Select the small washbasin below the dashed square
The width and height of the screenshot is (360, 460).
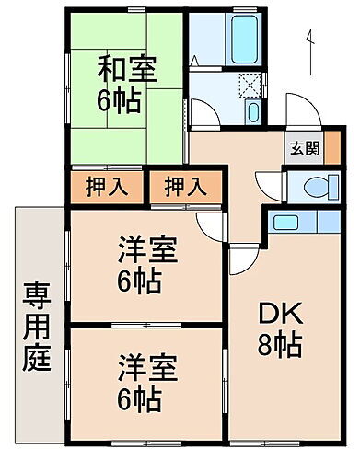(x=255, y=113)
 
